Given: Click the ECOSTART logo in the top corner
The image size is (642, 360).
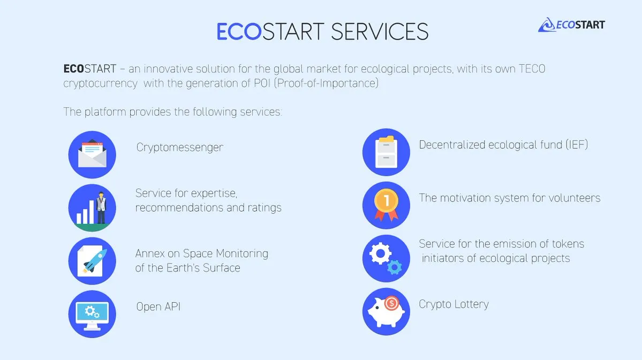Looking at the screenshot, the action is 571,25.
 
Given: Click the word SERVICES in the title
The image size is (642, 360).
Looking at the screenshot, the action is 380,32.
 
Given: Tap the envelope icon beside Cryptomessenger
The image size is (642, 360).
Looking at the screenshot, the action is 92,154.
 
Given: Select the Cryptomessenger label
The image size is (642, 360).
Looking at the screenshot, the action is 180,147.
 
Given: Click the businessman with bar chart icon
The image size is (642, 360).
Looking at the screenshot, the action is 92,208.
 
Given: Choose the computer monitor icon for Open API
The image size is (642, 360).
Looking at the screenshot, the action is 92,314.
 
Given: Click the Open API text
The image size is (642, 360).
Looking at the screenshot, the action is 158,307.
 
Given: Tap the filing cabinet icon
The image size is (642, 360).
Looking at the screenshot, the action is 386,152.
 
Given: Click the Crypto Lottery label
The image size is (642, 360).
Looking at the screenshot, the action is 454,304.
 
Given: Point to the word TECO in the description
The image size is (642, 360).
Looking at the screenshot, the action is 532,69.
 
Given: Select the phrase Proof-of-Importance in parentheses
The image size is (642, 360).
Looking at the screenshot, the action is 326,83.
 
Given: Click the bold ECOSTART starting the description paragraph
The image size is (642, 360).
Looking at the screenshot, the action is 89,69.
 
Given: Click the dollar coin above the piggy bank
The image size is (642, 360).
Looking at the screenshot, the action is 391,303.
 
